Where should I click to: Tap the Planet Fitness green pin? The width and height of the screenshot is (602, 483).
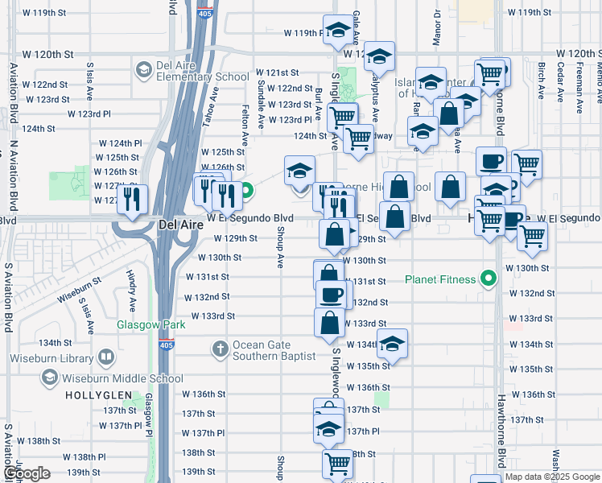pyautogui.click(x=487, y=280)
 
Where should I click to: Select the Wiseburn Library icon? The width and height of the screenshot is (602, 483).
pyautogui.click(x=106, y=357)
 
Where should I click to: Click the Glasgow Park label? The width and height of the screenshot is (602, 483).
pyautogui.click(x=150, y=324)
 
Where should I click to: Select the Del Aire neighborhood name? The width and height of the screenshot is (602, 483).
pyautogui.click(x=180, y=225)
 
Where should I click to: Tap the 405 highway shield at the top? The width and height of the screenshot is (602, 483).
pyautogui.click(x=205, y=10)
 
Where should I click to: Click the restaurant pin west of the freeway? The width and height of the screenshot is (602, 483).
pyautogui.click(x=131, y=198)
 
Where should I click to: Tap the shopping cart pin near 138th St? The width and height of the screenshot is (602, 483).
pyautogui.click(x=337, y=464)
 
